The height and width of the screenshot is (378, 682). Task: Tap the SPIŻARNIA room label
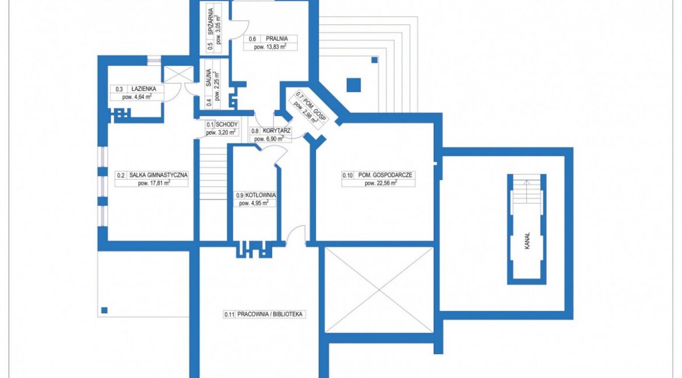coord(210,22)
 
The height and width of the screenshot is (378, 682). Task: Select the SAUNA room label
coord(209,78)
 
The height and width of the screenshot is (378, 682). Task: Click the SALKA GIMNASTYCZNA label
coord(159,175)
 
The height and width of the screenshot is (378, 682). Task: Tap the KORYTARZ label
coord(277,131)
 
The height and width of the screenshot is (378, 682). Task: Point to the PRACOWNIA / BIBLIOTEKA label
coord(270,314)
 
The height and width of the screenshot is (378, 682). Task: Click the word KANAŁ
coord(527,241)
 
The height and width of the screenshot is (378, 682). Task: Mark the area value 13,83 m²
coord(270,47)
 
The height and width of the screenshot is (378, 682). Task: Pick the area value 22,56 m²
coord(381,183)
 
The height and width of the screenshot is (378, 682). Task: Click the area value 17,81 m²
coord(154,183)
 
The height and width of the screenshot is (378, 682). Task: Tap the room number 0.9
coord(240,195)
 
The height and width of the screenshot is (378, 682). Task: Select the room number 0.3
coord(119,89)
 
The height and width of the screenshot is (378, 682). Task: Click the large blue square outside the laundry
coord(354,85)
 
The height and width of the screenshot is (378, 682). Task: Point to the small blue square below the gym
coord(104,310)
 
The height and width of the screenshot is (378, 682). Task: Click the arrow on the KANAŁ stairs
coord(527,191)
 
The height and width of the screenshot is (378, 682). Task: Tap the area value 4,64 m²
coord(136,97)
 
